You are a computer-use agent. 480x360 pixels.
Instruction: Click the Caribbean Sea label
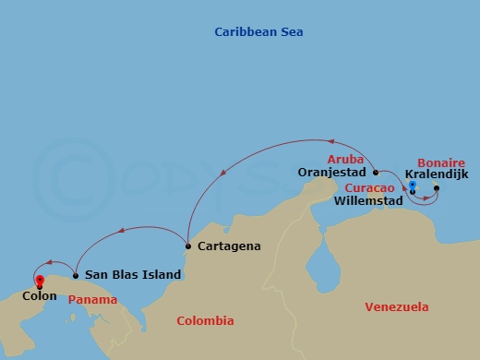tap(258, 32)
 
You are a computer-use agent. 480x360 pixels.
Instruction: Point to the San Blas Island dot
tap(75, 275)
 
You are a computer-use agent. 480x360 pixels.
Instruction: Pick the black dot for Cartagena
tap(187, 246)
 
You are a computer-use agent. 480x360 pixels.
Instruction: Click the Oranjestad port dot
tap(375, 172)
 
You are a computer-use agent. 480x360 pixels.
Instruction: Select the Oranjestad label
tap(334, 172)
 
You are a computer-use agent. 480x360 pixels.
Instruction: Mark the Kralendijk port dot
tap(437, 189)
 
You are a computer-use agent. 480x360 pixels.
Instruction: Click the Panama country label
tap(93, 300)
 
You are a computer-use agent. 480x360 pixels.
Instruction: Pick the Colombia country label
tap(205, 320)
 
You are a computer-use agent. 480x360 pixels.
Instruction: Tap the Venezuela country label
tap(397, 306)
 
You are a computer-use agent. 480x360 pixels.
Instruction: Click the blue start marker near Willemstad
tap(412, 185)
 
